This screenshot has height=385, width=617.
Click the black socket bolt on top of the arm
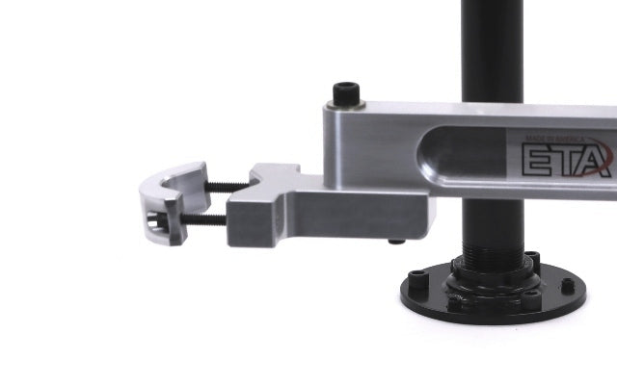347,94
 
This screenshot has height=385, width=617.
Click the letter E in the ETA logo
539,159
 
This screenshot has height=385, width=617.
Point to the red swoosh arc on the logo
604,144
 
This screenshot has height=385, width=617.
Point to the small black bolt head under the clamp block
396,242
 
